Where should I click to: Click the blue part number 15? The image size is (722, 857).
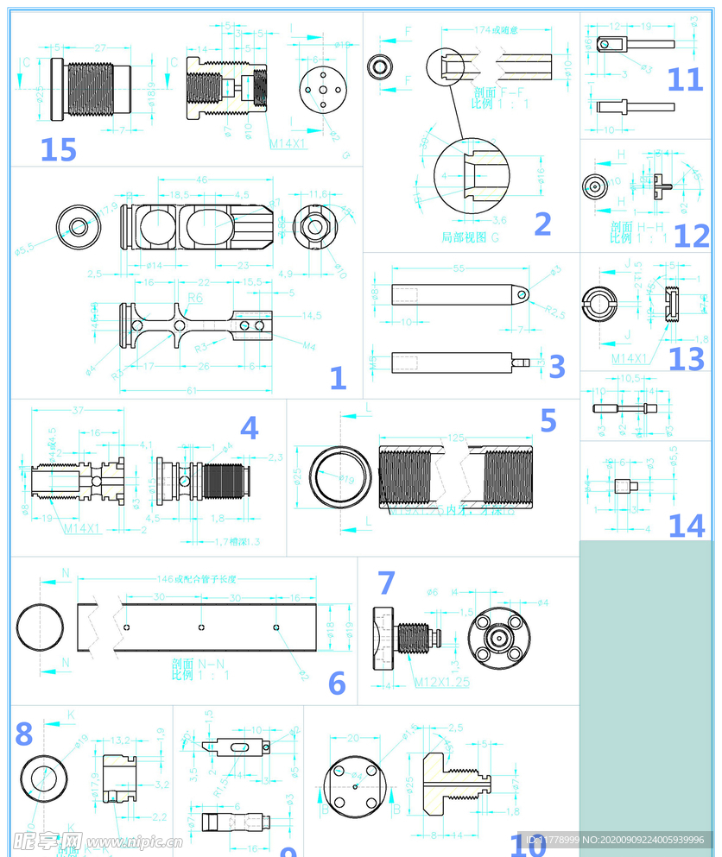[x=58, y=149]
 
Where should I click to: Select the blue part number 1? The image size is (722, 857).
[x=338, y=377]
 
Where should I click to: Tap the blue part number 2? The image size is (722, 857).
[x=542, y=224]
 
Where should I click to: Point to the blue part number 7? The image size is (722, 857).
[x=385, y=583]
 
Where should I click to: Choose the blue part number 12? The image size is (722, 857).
[x=691, y=236]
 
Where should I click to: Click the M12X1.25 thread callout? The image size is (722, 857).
[x=441, y=682]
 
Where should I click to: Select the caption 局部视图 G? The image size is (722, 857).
[x=470, y=236]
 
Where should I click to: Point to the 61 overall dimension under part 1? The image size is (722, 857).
[x=191, y=390]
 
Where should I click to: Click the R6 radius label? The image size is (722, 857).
[x=194, y=298]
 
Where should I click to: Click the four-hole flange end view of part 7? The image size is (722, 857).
[x=499, y=640]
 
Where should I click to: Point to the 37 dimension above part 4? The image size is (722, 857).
[x=78, y=409]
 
